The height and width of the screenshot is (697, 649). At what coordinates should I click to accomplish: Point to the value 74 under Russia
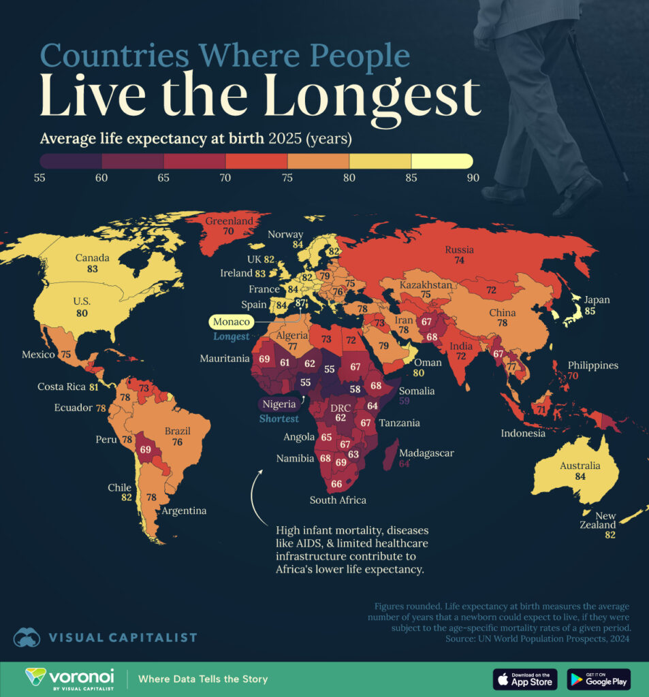click(x=460, y=261)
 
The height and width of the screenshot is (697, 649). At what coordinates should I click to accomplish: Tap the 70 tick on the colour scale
click(x=225, y=178)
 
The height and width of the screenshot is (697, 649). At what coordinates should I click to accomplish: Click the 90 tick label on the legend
click(x=472, y=178)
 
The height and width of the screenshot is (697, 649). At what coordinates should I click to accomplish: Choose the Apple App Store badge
click(x=524, y=679)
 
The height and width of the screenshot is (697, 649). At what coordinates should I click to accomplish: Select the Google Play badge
click(x=599, y=679)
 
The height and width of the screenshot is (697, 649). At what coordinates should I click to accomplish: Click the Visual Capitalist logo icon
click(x=26, y=637)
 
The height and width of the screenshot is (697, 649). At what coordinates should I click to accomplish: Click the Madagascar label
click(x=426, y=453)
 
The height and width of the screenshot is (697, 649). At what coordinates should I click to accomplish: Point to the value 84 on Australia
click(x=580, y=477)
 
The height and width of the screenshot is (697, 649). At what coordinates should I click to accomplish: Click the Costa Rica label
click(x=60, y=387)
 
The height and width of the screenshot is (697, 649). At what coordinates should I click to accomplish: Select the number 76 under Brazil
click(x=177, y=442)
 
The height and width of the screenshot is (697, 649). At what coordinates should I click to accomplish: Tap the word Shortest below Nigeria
click(x=279, y=419)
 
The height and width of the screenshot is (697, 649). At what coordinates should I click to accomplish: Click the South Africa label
click(x=338, y=500)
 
